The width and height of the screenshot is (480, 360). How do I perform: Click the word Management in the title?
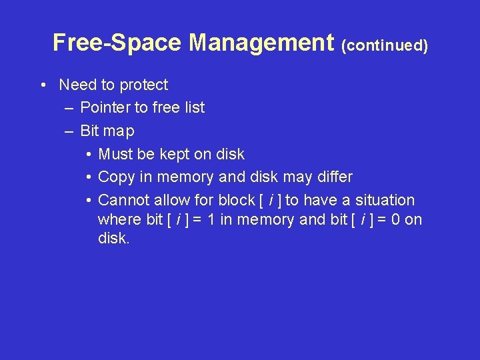pyautogui.click(x=261, y=43)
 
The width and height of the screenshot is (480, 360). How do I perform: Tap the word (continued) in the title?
pyautogui.click(x=384, y=45)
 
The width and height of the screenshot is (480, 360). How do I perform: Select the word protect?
pyautogui.click(x=144, y=85)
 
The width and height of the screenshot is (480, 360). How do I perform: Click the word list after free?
pyautogui.click(x=193, y=107)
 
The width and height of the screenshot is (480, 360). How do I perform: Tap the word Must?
pyautogui.click(x=115, y=154)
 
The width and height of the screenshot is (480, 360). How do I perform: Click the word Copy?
pyautogui.click(x=115, y=177)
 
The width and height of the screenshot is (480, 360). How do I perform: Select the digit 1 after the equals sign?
pyautogui.click(x=211, y=219)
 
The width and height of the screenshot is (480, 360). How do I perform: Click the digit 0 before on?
pyautogui.click(x=396, y=219)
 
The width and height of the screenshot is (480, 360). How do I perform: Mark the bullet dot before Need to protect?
pyautogui.click(x=42, y=85)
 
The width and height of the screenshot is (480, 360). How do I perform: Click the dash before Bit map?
pyautogui.click(x=69, y=131)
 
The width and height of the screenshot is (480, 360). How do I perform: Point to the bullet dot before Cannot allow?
pyautogui.click(x=88, y=200)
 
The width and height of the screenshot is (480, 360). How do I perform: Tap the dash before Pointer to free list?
pyautogui.click(x=69, y=107)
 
